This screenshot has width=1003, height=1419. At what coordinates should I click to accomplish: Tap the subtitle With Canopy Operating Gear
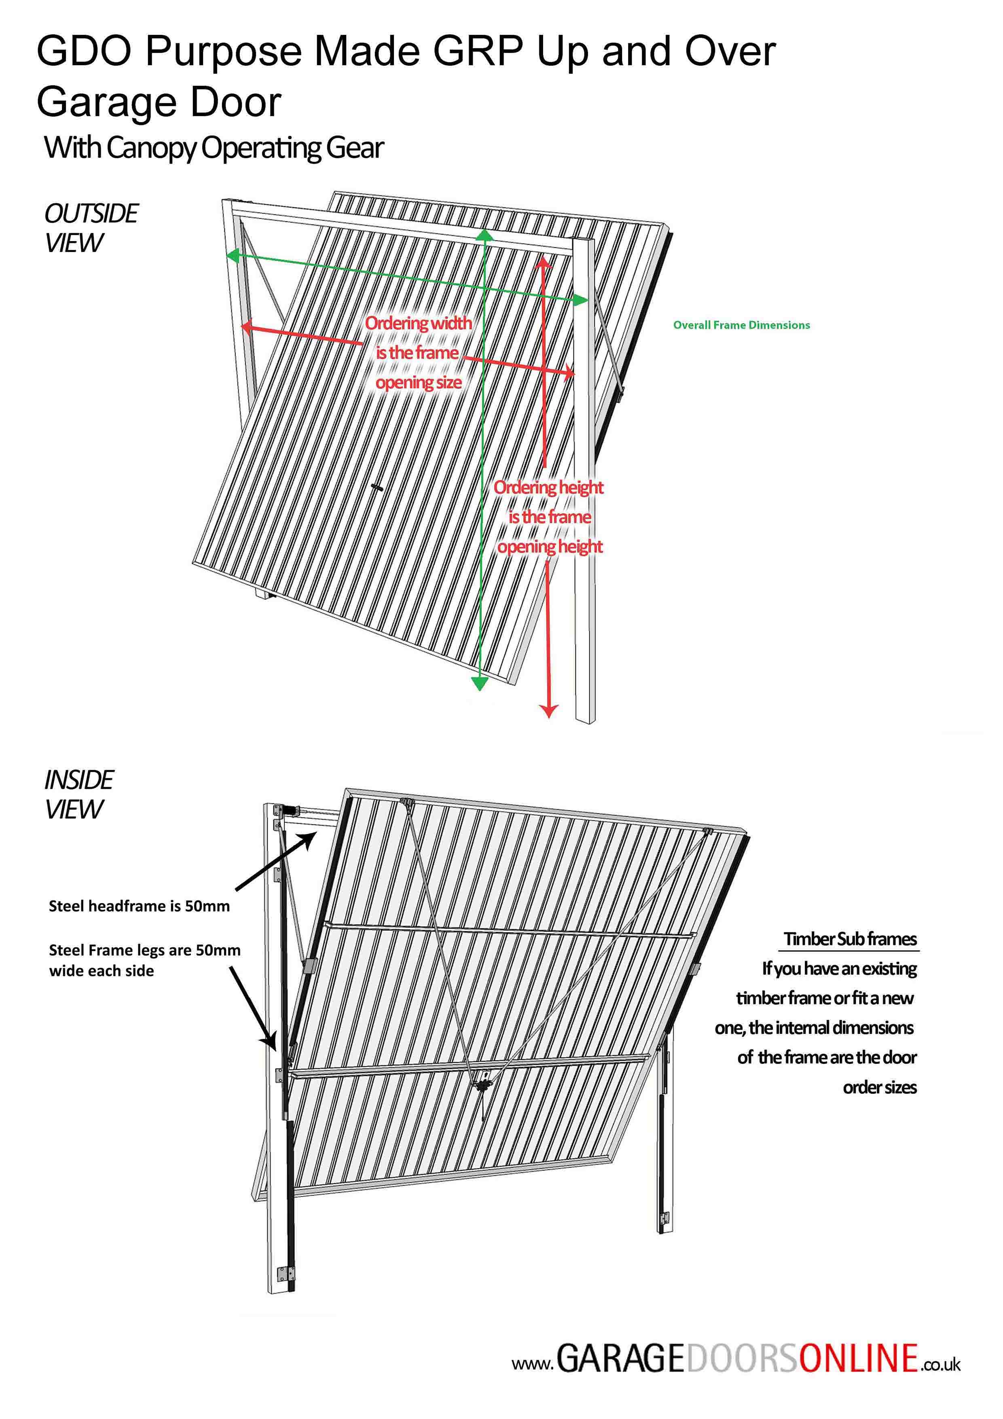point(214,148)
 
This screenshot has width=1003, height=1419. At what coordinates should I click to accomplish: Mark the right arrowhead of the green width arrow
point(581,301)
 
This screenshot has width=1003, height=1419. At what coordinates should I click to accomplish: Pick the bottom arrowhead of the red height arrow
point(548,711)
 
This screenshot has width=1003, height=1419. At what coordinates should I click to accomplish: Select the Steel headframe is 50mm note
point(139,906)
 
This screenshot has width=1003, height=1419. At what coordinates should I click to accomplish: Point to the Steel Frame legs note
point(145,960)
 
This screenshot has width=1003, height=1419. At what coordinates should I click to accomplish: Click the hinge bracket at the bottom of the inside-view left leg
point(286,1274)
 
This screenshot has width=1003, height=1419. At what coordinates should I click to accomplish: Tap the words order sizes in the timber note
point(880,1087)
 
